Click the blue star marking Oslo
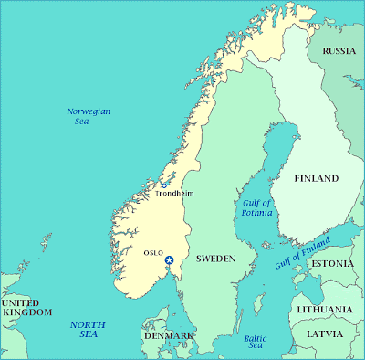[168, 261]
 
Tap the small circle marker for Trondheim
[163, 184]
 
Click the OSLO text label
[153, 252]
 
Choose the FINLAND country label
[316, 178]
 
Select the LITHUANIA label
[324, 310]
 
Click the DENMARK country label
[168, 336]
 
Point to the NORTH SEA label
[88, 330]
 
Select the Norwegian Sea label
[89, 116]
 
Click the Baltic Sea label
[255, 342]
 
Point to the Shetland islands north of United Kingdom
[42, 242]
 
